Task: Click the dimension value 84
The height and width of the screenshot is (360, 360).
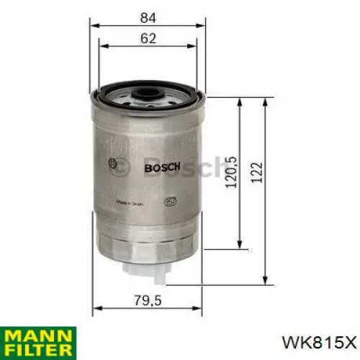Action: pos(147,14)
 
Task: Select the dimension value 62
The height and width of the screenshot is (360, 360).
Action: pos(148,40)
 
